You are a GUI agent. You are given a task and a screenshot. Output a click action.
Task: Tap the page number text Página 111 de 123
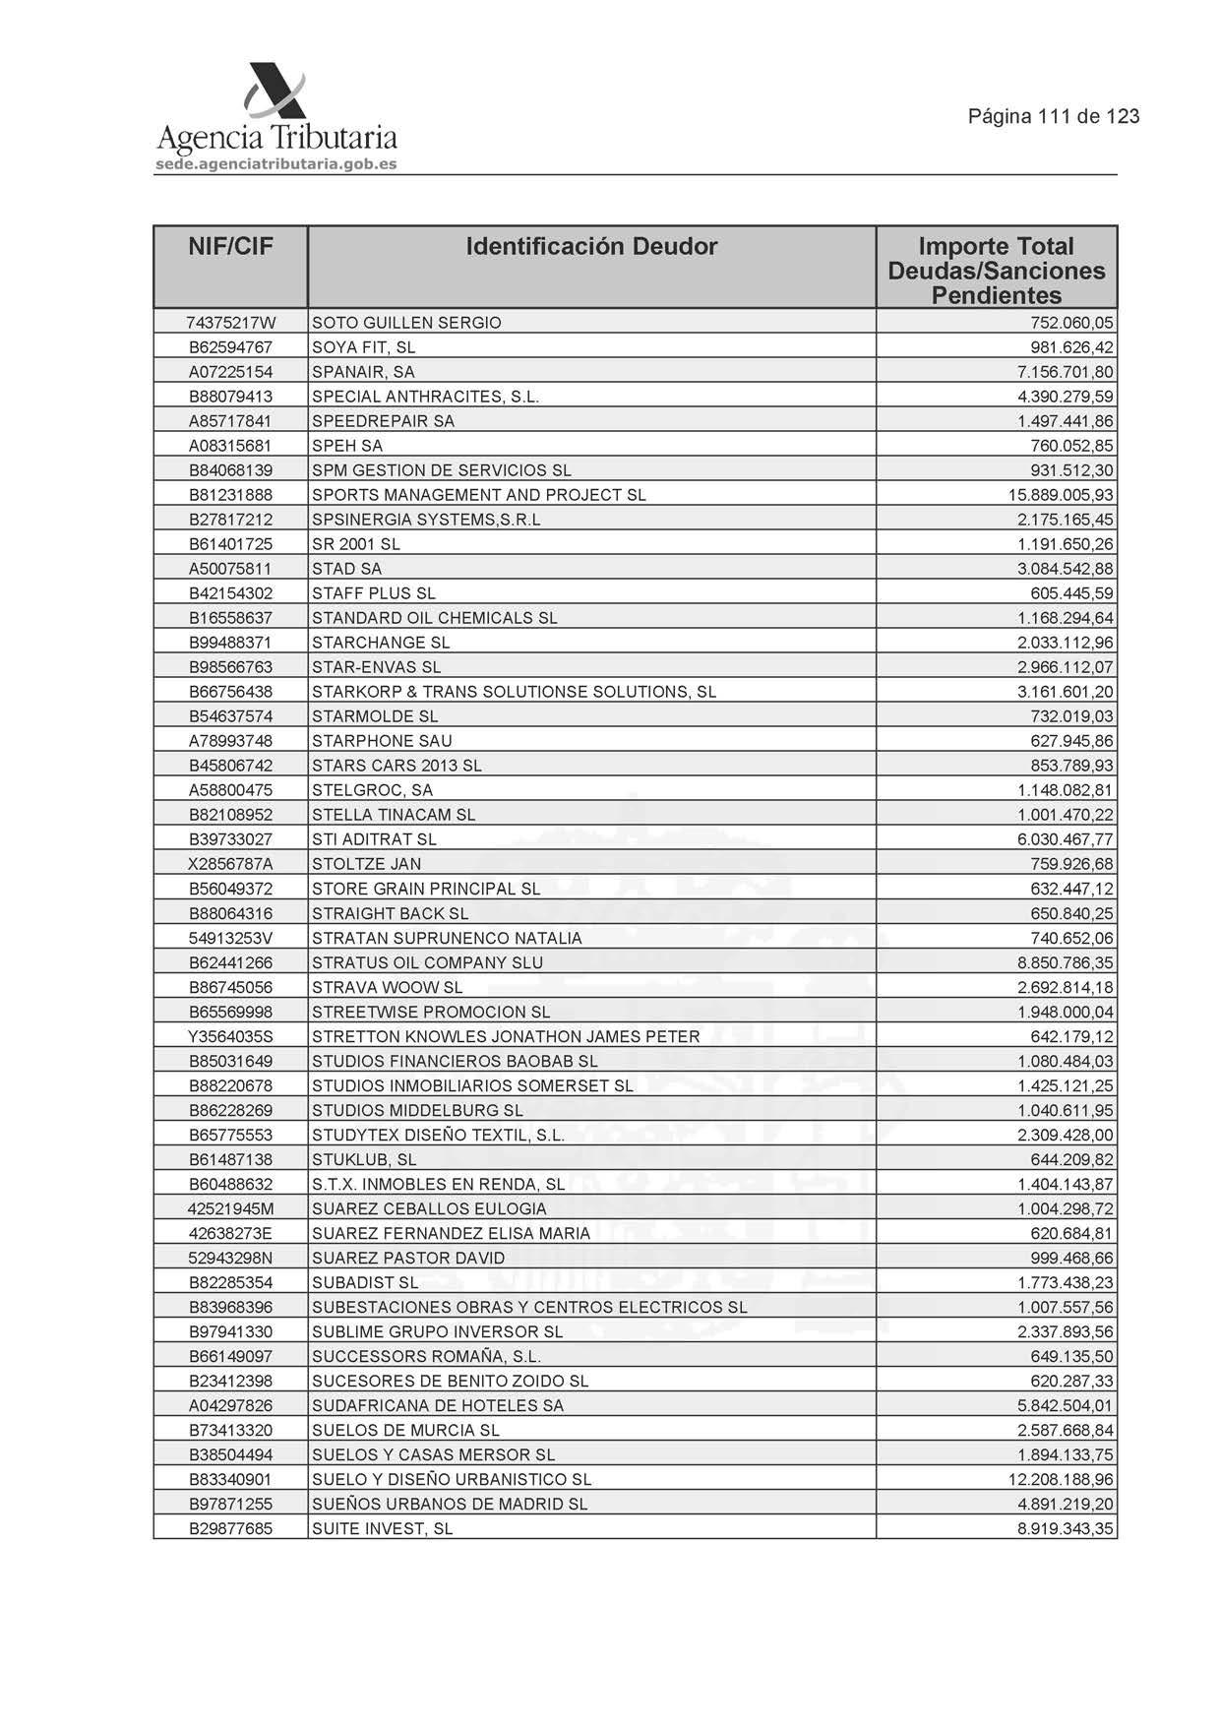coord(1054,116)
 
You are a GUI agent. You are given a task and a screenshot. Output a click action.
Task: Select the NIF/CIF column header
coord(230,246)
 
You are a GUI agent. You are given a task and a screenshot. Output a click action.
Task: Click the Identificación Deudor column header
coord(591,246)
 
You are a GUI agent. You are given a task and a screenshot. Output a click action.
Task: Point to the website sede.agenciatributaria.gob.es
coord(276,164)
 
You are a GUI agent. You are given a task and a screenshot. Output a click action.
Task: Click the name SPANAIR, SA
coord(363,372)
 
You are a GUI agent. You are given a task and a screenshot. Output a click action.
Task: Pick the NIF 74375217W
coord(230,323)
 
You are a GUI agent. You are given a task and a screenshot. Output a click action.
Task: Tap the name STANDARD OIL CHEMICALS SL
coord(434,618)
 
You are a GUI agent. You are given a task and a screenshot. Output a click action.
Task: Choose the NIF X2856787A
coord(230,864)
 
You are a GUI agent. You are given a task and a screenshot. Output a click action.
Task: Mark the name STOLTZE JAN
coord(366,864)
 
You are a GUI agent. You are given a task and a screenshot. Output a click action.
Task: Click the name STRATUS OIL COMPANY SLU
coord(427,962)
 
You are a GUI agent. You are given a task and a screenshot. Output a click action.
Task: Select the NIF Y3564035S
coord(230,1036)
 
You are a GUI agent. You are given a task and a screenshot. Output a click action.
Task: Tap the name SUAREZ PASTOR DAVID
coord(408,1258)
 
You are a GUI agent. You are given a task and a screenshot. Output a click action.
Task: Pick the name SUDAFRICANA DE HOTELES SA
coord(438,1405)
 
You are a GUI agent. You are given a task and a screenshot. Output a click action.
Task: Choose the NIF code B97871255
coord(230,1504)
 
